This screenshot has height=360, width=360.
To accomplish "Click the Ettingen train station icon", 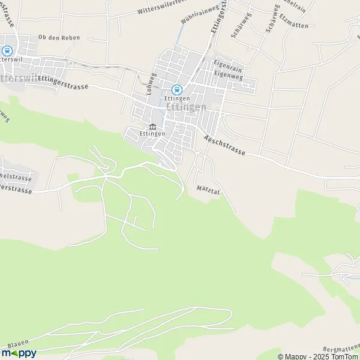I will point(176,89).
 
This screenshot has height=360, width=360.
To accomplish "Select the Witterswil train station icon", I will point(8,52).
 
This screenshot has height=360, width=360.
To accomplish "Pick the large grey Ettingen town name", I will point(185,107).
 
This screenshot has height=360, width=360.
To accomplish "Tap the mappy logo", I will point(19,353).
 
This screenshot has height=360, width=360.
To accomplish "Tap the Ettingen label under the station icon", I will point(176,98).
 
